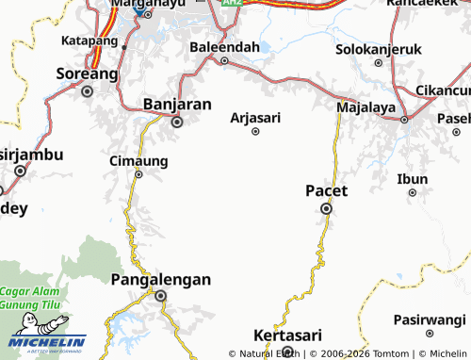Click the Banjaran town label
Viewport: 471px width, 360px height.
176,104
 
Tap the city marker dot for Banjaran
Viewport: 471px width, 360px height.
176,121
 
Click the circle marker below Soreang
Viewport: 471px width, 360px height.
88,91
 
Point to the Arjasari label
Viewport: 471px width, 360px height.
255,118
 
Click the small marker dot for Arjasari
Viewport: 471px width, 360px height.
255,132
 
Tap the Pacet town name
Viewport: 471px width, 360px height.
327,190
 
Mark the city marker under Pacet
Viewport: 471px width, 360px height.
327,209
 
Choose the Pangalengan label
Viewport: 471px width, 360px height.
160,279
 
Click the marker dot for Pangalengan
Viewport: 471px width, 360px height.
160,296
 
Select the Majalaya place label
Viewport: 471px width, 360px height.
365,108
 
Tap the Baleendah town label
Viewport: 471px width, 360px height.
224,46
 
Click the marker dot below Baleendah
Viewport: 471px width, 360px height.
224,61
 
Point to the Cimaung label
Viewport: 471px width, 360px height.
138,160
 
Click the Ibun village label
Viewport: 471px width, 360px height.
413,179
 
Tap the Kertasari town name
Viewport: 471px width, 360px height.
288,335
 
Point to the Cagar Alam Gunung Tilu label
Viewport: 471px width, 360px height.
35,298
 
